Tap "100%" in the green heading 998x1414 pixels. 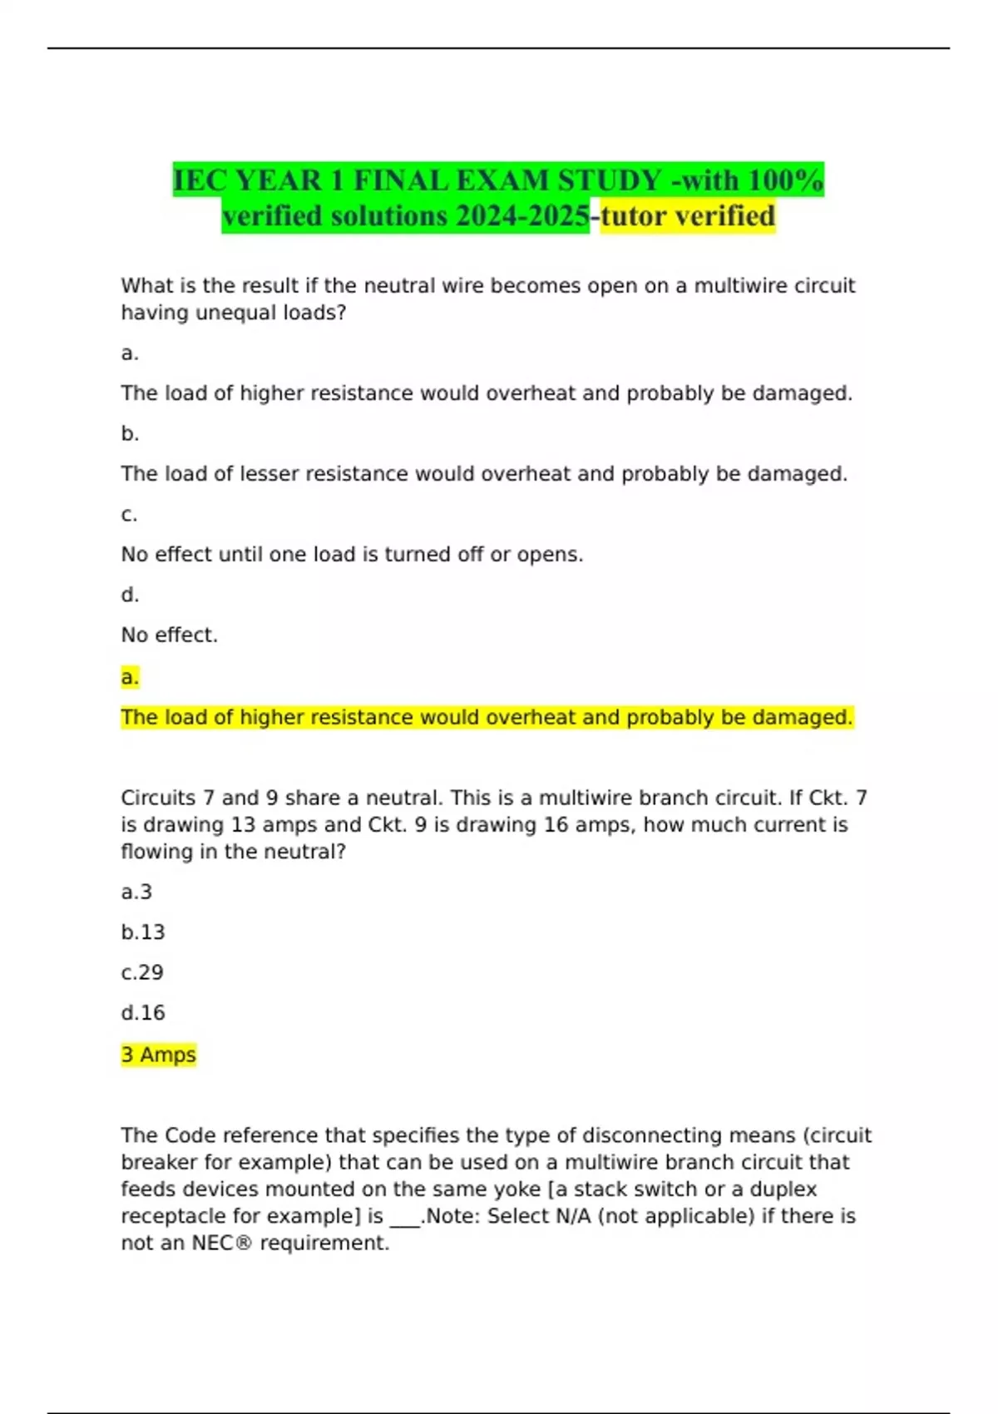tap(785, 180)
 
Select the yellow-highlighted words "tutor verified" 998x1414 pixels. tap(688, 216)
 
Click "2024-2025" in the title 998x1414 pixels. tap(522, 216)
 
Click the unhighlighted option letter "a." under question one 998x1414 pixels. tap(130, 353)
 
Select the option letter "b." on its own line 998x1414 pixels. tap(130, 433)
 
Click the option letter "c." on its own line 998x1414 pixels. tap(129, 514)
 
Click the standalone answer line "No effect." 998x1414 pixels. tap(169, 635)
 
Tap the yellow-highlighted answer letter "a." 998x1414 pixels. tap(130, 677)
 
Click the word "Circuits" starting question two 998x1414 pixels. tap(158, 798)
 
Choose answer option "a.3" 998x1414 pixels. tap(136, 892)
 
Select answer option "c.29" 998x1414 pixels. tap(142, 973)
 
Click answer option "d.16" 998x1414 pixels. tap(143, 1013)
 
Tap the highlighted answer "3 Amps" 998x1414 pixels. tap(158, 1055)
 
